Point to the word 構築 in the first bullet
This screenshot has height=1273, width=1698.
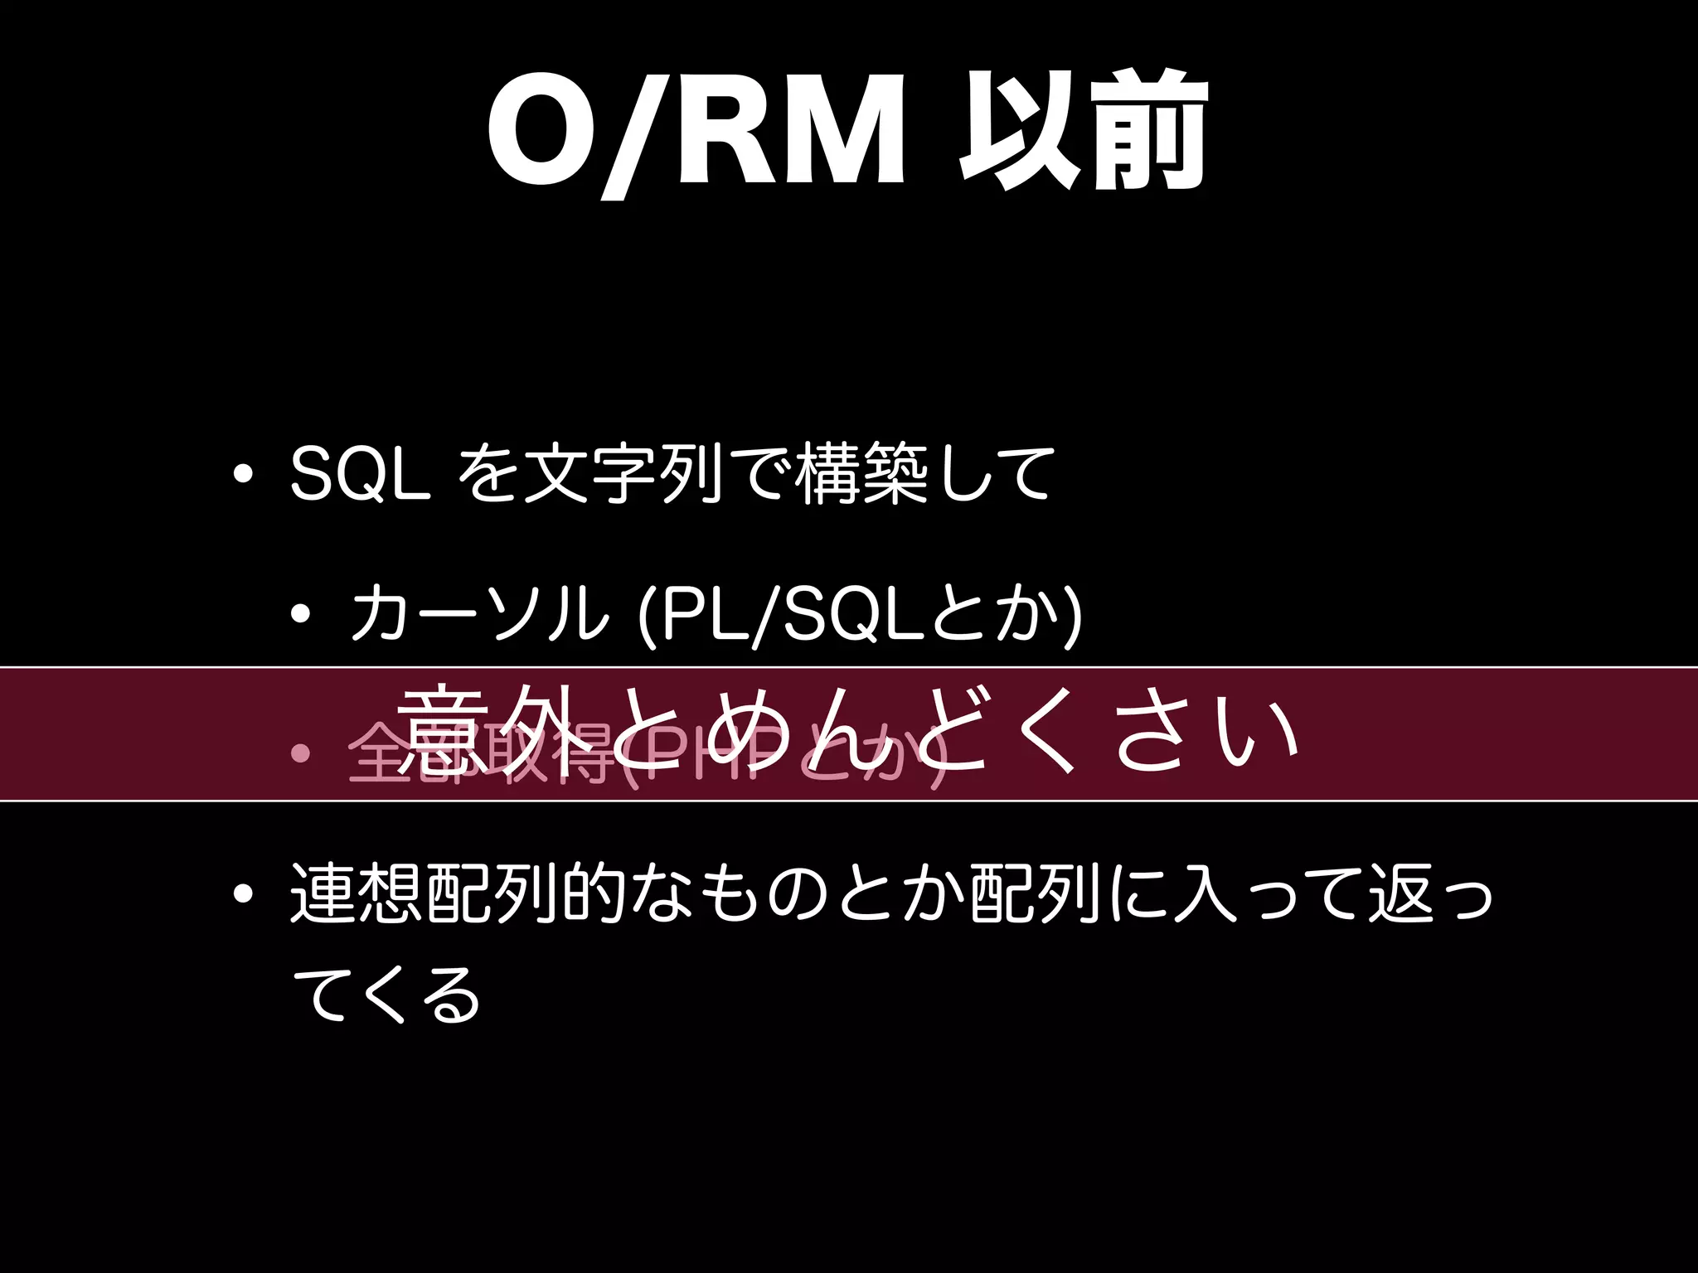point(861,474)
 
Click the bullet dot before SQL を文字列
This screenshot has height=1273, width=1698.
point(243,475)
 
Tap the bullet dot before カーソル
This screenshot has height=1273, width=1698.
point(301,614)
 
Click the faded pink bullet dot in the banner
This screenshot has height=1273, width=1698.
point(301,753)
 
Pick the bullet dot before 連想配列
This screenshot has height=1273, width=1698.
point(243,894)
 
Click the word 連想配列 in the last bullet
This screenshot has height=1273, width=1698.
point(423,893)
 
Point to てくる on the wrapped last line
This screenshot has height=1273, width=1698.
point(386,995)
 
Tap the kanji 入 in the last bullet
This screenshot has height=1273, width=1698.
point(1204,893)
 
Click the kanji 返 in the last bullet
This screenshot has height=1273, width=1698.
point(1400,893)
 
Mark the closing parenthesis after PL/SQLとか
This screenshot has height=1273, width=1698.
point(1071,615)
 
